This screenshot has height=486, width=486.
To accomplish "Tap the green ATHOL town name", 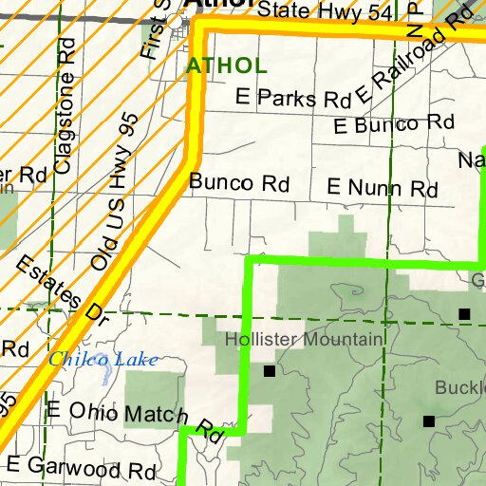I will point(227,66).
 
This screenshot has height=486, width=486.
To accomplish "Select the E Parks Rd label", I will point(292,99).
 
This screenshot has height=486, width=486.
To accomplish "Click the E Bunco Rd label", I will point(395,124).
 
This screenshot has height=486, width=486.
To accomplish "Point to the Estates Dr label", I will point(58,295).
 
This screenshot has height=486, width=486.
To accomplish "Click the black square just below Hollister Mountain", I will point(269,371).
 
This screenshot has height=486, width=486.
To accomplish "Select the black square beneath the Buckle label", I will point(429,421).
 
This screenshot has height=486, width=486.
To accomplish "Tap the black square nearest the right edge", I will point(464,313).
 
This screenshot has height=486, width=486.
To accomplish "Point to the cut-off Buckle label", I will point(460,388).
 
